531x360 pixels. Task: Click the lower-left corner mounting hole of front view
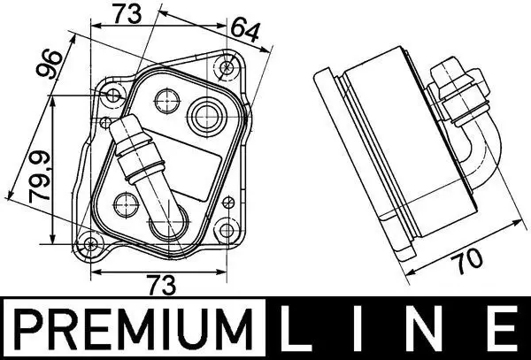(x=92, y=245)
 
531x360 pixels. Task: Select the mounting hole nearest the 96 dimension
(x=112, y=95)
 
